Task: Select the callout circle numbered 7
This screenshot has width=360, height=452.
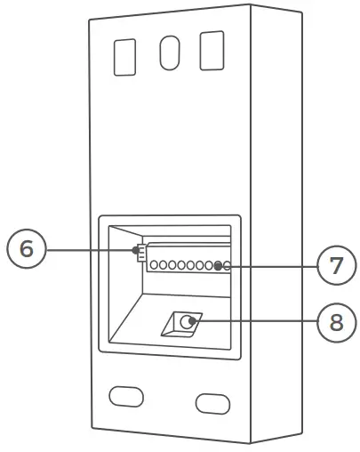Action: pos(334,265)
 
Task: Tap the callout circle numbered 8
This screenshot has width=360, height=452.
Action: pos(335,320)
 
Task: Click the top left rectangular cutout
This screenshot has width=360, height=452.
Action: pos(124,56)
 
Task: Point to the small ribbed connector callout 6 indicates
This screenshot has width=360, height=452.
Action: pos(140,252)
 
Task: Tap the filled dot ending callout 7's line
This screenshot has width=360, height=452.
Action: pos(219,265)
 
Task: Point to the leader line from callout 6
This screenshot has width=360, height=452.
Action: pos(89,250)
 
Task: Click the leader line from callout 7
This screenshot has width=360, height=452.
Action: pos(271,265)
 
